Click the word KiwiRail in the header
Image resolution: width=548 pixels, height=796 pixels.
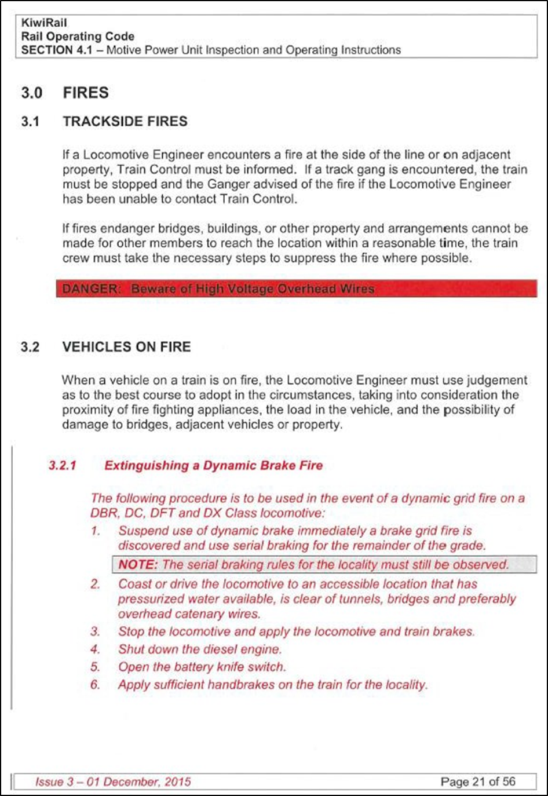[44, 23]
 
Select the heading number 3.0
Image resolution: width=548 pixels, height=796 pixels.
[32, 93]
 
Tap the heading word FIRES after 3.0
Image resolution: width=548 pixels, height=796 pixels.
[86, 93]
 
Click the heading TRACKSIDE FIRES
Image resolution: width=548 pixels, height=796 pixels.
[125, 122]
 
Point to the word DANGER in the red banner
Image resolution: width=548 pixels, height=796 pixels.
[89, 289]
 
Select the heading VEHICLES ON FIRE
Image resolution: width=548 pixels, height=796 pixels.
[126, 347]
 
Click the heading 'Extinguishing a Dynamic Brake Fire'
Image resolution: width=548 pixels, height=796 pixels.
[213, 466]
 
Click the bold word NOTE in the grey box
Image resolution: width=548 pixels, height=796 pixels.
[138, 564]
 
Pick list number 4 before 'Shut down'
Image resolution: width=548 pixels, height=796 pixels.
[95, 649]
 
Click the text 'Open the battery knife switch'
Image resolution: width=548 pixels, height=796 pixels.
[202, 667]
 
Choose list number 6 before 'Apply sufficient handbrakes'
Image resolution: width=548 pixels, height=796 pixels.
[95, 685]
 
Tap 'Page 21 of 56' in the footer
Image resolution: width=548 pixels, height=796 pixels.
[477, 782]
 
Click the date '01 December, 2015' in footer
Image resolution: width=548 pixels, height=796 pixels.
[138, 782]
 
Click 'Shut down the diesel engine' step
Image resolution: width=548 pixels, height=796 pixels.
[200, 649]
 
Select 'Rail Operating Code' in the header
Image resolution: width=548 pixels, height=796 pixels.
[78, 36]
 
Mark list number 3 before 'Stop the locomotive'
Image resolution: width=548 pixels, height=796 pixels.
[95, 631]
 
